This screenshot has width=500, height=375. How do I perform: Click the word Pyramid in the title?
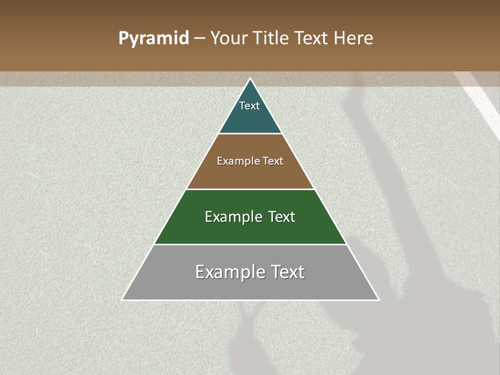[154, 39]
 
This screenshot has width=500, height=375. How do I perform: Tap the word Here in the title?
[353, 39]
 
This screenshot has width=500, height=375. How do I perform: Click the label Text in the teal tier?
[249, 106]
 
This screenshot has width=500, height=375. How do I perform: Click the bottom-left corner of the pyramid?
[122, 300]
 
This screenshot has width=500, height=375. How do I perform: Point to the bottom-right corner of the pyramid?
[379, 300]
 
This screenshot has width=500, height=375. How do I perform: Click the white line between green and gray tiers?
[250, 245]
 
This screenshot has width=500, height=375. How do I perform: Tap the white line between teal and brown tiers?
[250, 134]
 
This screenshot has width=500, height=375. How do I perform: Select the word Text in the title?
[312, 39]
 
